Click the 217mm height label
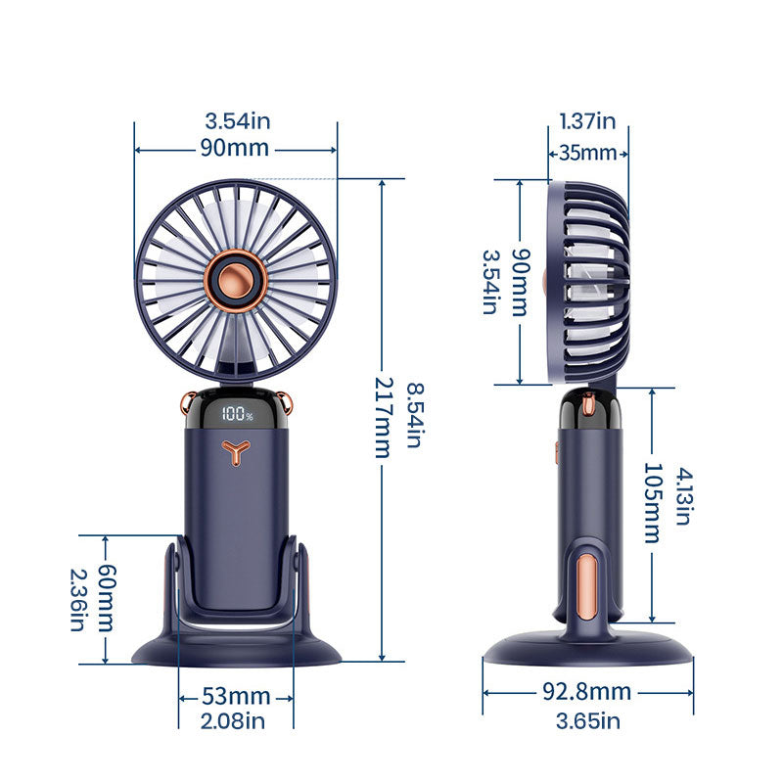pos(385,417)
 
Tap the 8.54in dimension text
pos(415,415)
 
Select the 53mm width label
pos(236,696)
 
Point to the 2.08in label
pos(233,721)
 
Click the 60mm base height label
pos(106,598)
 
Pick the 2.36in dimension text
pos(78,600)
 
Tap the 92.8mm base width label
pos(586,692)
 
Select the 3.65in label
pos(588,721)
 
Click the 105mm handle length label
pos(653,503)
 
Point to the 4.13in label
pos(683,496)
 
